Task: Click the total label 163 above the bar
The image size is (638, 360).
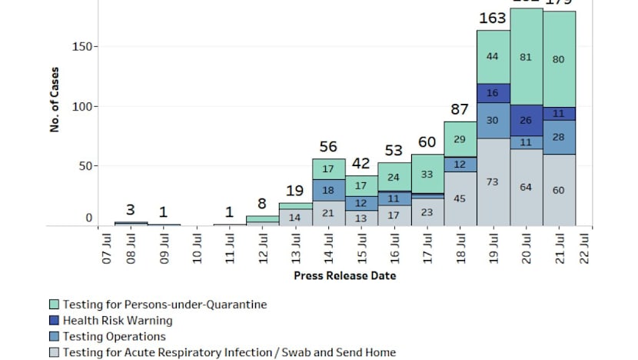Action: point(493,18)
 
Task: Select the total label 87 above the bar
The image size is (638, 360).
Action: point(460,109)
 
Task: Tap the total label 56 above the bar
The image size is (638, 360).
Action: point(329,147)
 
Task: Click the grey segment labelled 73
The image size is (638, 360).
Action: point(493,182)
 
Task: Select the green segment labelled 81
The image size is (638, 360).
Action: point(526,56)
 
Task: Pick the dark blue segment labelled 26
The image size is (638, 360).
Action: point(526,120)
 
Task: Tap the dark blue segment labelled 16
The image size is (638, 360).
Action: point(493,92)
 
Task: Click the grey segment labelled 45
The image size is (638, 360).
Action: point(460,198)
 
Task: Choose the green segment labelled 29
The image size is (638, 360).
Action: point(460,139)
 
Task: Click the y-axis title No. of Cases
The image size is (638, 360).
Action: point(55,101)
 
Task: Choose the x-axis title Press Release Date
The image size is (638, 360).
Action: point(344,275)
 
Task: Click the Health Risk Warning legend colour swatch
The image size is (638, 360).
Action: point(55,321)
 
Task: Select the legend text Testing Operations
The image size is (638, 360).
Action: point(114,337)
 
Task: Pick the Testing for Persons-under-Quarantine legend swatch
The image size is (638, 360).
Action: point(55,305)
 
